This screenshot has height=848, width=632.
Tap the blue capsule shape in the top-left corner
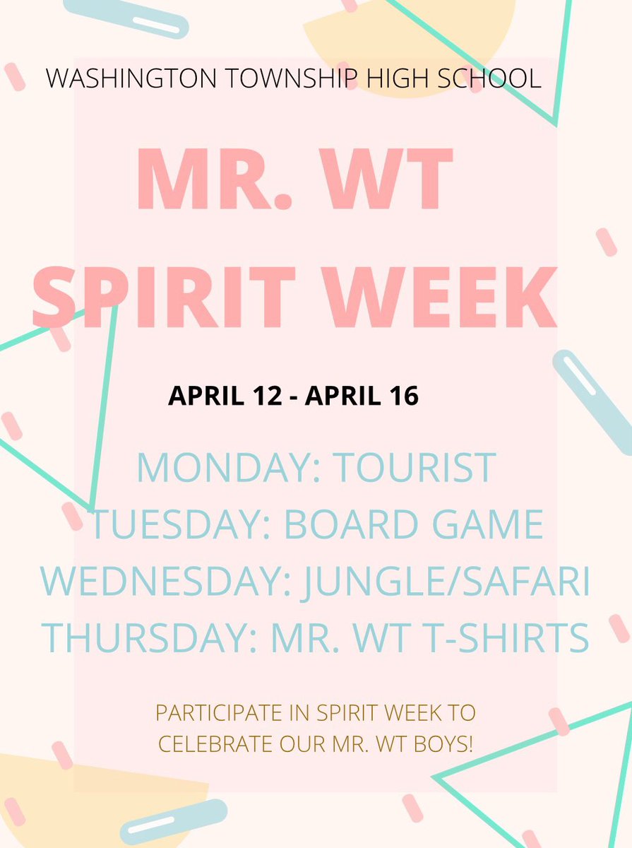tap(126, 18)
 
